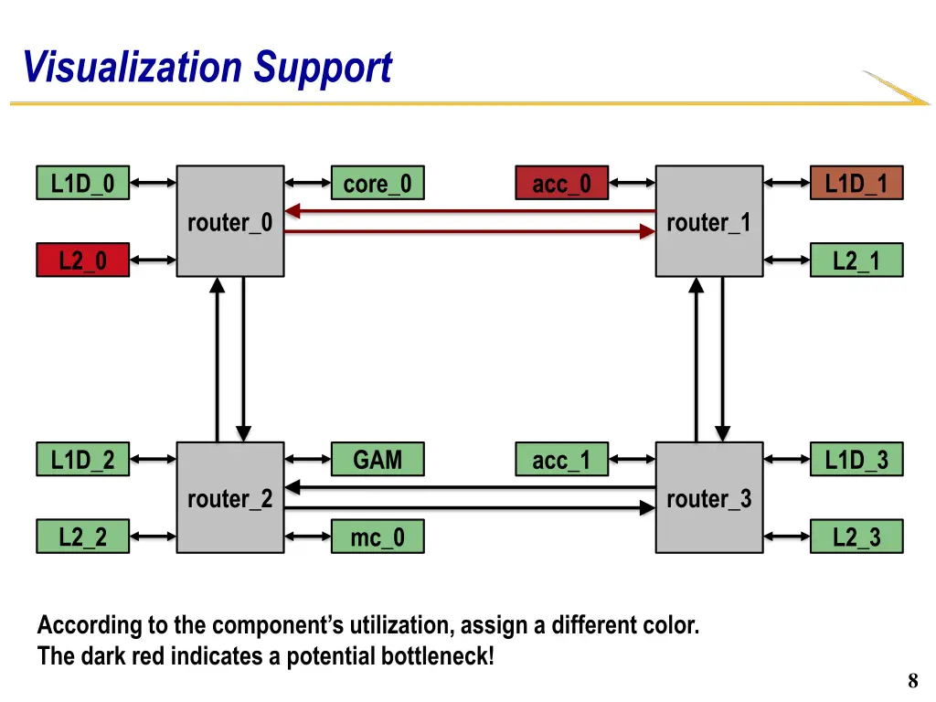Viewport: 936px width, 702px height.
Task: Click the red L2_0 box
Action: (x=83, y=260)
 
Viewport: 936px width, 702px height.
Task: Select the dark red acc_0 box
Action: (x=562, y=183)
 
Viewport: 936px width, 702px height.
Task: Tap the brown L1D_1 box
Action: (x=856, y=183)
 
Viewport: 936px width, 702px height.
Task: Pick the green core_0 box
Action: (x=378, y=183)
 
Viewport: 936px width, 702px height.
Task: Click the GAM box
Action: (x=378, y=459)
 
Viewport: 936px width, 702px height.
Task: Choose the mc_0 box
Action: (x=378, y=536)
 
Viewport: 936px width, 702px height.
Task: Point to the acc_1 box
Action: (x=562, y=459)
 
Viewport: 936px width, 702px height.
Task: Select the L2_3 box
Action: (x=856, y=536)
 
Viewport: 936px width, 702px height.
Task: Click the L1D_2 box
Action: (x=83, y=459)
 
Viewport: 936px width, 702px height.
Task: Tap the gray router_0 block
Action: (x=230, y=221)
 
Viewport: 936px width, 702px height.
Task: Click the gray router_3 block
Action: (x=709, y=497)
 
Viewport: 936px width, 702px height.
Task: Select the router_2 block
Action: (x=230, y=497)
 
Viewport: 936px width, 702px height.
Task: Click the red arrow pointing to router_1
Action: (x=470, y=231)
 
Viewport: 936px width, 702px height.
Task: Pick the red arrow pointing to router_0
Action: (x=470, y=211)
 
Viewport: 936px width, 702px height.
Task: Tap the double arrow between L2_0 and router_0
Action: (x=153, y=260)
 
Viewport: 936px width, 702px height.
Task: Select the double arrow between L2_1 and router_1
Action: (x=787, y=260)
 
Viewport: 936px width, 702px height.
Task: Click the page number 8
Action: (x=913, y=680)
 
